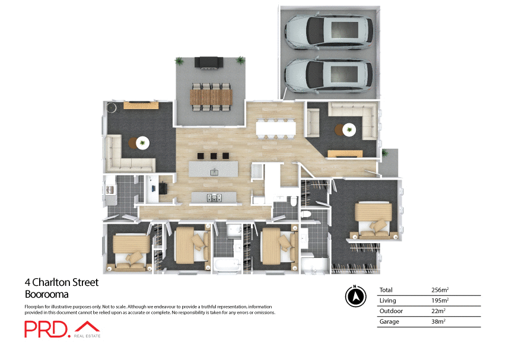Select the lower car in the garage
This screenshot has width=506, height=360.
[329, 74]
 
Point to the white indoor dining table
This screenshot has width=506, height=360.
[275, 128]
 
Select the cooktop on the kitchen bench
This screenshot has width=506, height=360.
[214, 197]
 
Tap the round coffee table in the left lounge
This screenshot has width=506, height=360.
[142, 143]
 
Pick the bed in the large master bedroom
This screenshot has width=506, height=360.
[372, 218]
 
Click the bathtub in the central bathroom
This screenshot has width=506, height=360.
[226, 265]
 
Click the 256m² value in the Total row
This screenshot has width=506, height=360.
[440, 290]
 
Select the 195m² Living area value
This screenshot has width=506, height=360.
[440, 301]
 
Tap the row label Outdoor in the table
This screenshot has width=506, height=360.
[391, 311]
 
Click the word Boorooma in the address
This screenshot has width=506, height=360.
[47, 294]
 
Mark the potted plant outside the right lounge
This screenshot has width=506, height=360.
[386, 154]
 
